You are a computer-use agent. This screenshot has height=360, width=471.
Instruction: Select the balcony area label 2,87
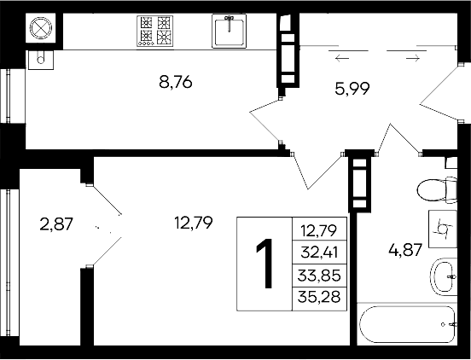coord(57,224)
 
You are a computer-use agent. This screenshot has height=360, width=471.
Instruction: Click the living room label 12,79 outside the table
coord(193,224)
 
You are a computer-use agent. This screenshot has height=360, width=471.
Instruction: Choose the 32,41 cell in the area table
coord(318,252)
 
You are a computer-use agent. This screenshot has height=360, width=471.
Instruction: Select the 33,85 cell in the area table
coord(318,276)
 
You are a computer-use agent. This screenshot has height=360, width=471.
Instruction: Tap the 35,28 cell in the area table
coord(318,297)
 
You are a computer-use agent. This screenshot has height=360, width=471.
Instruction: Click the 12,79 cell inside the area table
coord(318,229)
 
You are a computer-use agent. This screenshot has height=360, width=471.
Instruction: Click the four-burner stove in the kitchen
coord(156,31)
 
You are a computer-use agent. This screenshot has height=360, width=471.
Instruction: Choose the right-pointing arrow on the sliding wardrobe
coord(412,59)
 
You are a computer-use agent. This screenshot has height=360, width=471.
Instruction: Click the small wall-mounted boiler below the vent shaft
coord(39,59)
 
